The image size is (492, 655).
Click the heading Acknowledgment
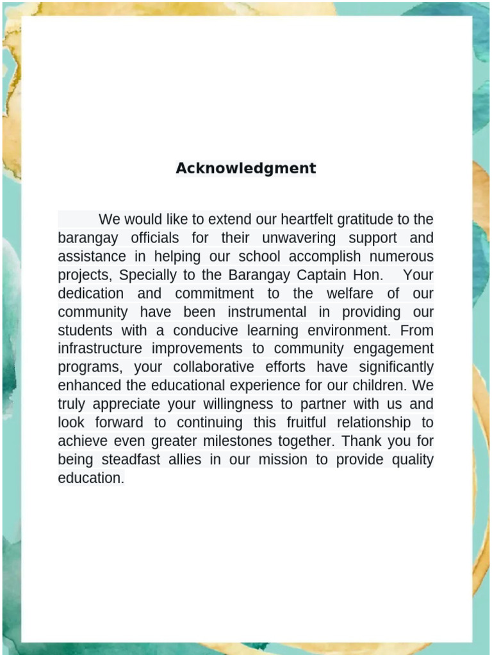(246, 168)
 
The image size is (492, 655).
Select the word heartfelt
(307, 219)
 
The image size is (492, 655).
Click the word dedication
(91, 294)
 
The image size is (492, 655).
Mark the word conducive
(208, 331)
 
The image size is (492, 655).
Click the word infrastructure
(99, 349)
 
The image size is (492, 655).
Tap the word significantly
(396, 368)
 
